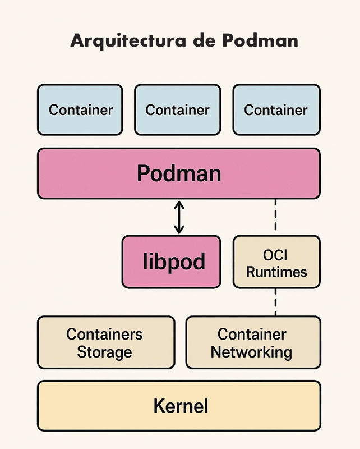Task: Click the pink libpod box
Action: click(x=171, y=262)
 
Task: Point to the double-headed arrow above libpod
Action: click(x=179, y=217)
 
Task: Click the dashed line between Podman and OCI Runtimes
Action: click(x=276, y=217)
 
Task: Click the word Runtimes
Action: click(x=276, y=272)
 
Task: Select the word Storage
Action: click(x=105, y=352)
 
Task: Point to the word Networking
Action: click(x=252, y=352)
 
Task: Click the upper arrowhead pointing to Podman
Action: click(x=179, y=204)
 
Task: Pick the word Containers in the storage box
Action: click(x=105, y=334)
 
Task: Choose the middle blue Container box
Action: click(x=178, y=110)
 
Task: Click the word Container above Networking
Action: click(x=252, y=334)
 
